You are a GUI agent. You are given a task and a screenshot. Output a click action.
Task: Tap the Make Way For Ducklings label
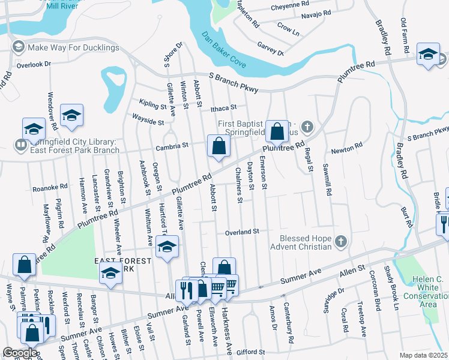(73, 47)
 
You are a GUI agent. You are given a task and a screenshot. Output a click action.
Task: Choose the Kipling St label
(152, 105)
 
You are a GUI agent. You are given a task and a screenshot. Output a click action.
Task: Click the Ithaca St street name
(225, 109)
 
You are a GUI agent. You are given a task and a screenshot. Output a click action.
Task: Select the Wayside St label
(148, 122)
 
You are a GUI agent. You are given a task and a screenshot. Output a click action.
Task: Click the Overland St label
(241, 232)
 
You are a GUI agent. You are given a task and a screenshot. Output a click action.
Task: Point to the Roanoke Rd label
(49, 188)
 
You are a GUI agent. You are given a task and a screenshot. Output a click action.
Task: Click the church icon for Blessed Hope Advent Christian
(340, 242)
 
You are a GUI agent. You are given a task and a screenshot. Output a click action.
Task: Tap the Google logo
(20, 353)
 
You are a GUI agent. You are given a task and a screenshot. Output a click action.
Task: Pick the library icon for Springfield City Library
(20, 145)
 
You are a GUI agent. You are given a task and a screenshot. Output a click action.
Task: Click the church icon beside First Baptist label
(307, 127)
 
